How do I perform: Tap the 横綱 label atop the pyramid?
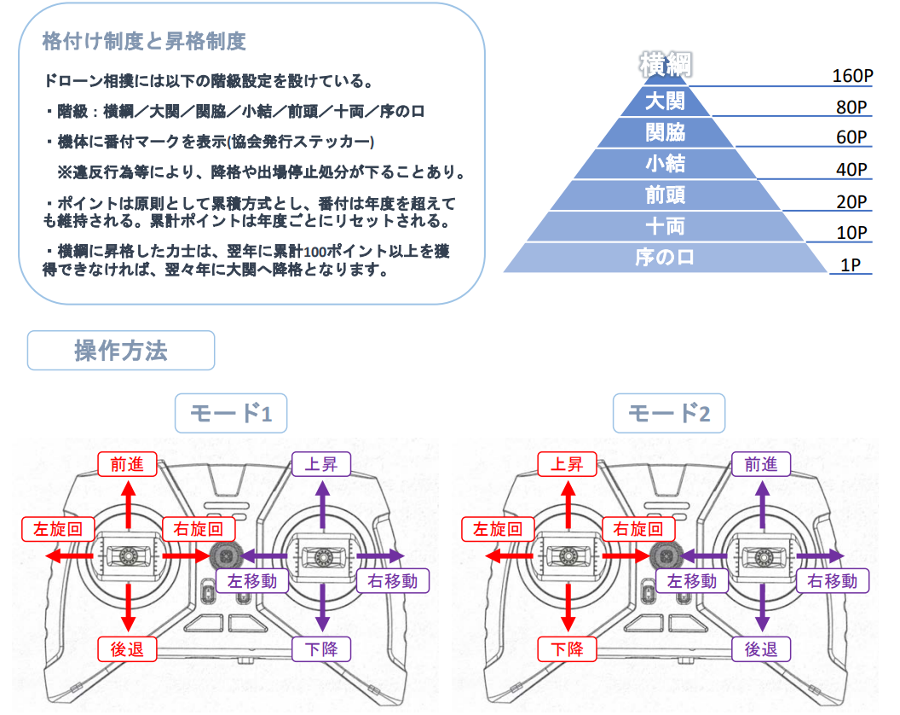[x=665, y=65]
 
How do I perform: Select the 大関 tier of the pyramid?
[x=665, y=101]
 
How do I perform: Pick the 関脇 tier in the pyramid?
[x=665, y=132]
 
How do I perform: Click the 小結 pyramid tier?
[x=665, y=163]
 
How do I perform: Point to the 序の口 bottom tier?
[x=665, y=257]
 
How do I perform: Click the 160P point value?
[x=852, y=76]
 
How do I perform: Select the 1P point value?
[x=850, y=264]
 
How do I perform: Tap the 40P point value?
[x=851, y=170]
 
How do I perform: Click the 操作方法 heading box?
[x=121, y=351]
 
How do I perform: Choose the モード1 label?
[x=230, y=414]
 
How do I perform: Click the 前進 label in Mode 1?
[x=128, y=464]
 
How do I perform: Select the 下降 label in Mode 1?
[x=321, y=649]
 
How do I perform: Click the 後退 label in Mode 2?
[x=761, y=649]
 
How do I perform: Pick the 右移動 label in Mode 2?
[x=832, y=581]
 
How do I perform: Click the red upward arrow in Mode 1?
[x=129, y=504]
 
